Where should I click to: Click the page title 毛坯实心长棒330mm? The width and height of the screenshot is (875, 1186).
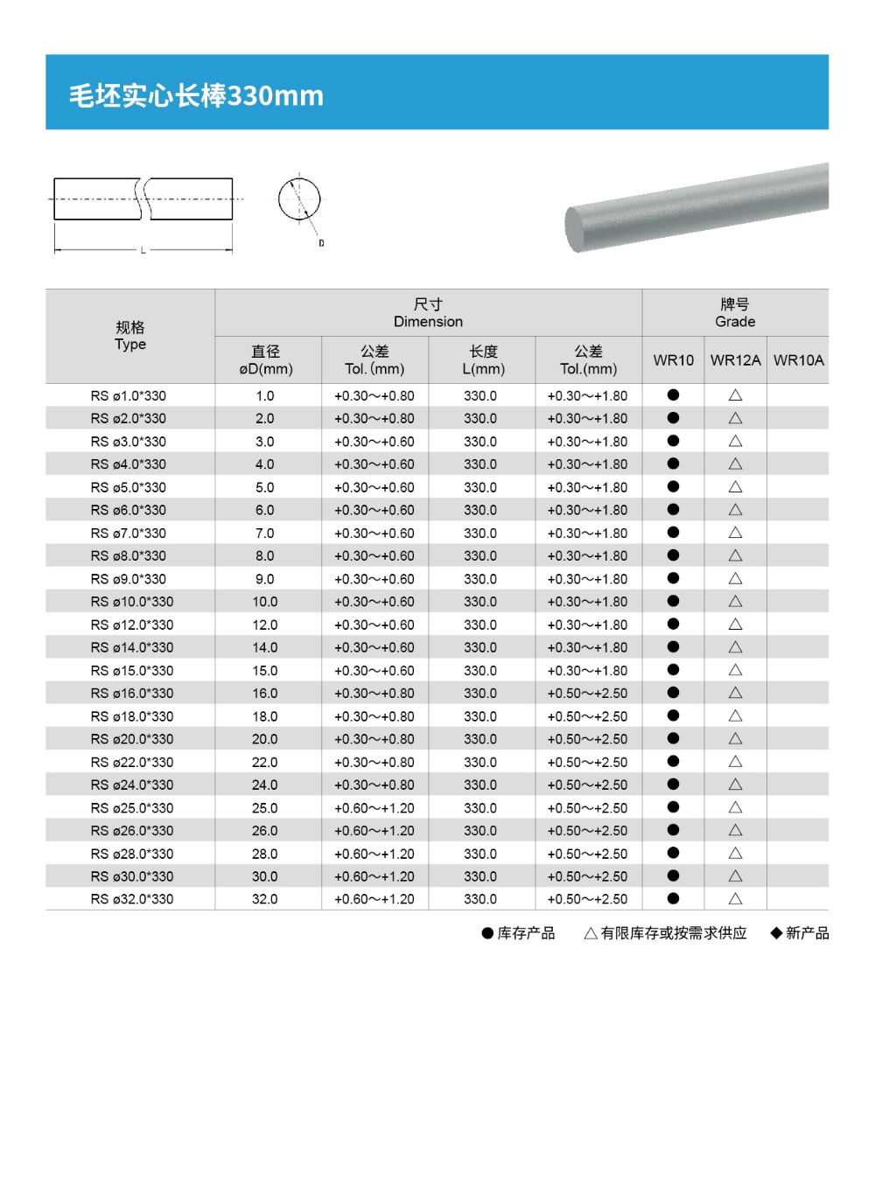pyautogui.click(x=196, y=94)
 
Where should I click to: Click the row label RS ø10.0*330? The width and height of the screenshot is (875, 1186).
pyautogui.click(x=132, y=602)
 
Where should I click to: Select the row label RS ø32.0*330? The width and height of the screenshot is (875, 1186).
pyautogui.click(x=132, y=899)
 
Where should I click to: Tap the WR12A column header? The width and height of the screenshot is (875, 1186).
pyautogui.click(x=735, y=360)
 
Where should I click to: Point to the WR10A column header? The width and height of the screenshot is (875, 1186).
pyautogui.click(x=798, y=360)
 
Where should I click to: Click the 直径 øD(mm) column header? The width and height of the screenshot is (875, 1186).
pyautogui.click(x=266, y=360)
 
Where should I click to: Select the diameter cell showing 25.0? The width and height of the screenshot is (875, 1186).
pyautogui.click(x=264, y=808)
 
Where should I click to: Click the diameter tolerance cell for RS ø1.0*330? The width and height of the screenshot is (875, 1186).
pyautogui.click(x=374, y=396)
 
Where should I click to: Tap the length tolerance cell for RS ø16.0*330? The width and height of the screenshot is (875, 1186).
pyautogui.click(x=587, y=694)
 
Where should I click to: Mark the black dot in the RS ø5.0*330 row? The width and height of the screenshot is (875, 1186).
pyautogui.click(x=673, y=486)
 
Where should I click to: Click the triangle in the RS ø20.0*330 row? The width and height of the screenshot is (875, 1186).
pyautogui.click(x=735, y=739)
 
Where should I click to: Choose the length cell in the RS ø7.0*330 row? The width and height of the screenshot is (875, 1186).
pyautogui.click(x=480, y=534)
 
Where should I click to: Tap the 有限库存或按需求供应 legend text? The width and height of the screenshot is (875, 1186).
pyautogui.click(x=674, y=933)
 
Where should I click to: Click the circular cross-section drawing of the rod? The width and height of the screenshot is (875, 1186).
pyautogui.click(x=299, y=199)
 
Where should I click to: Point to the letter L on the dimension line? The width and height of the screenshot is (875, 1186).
pyautogui.click(x=143, y=250)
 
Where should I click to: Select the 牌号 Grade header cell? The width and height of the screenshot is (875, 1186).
pyautogui.click(x=735, y=312)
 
